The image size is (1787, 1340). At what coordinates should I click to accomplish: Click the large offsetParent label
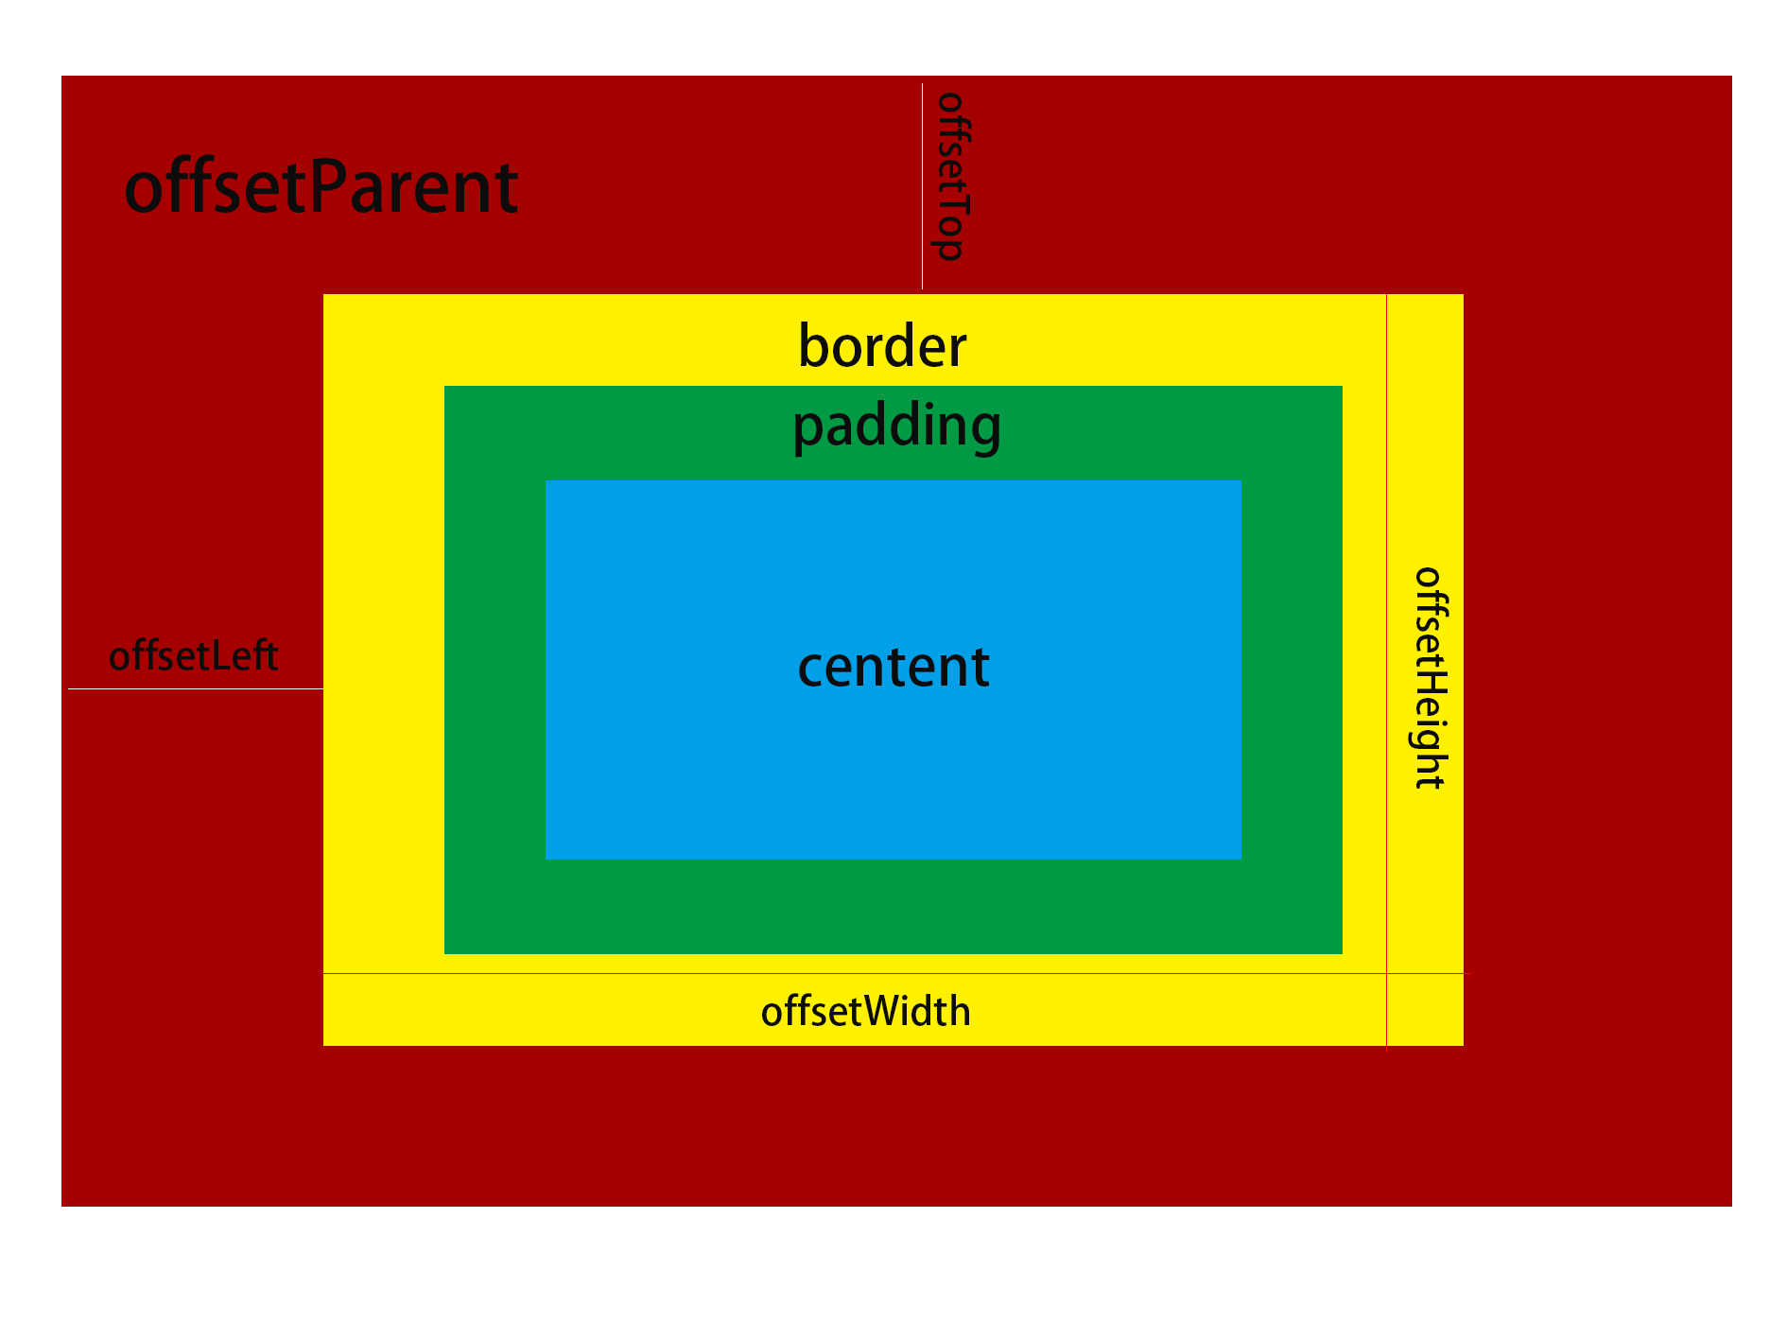(x=321, y=187)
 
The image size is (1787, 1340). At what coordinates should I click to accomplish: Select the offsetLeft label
(x=193, y=656)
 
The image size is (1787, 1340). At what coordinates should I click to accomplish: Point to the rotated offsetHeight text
(x=1429, y=678)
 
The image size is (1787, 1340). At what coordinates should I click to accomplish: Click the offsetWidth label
(x=865, y=1012)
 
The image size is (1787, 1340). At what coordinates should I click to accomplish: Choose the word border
(x=882, y=346)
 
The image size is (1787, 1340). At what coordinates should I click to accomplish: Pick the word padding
(x=896, y=426)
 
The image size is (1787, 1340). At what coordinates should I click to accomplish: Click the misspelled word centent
(x=893, y=667)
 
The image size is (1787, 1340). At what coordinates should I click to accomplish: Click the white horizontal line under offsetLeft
(x=196, y=688)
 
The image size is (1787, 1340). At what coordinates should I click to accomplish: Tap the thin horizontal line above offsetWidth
(x=851, y=973)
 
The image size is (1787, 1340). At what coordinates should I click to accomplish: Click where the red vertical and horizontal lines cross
(x=1386, y=973)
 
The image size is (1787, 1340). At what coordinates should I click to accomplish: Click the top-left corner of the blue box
(x=547, y=481)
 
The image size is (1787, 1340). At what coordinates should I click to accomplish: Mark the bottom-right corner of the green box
(x=1341, y=952)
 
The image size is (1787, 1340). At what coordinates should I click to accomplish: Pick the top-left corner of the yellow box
(x=324, y=295)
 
